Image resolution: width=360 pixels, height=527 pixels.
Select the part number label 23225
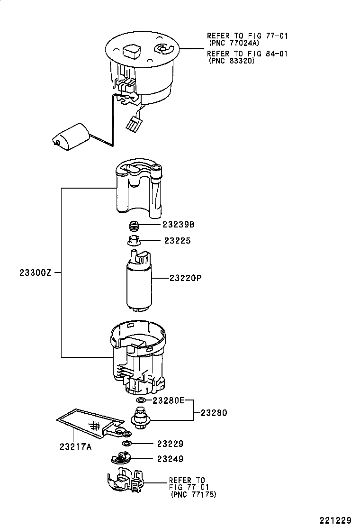(x=177, y=241)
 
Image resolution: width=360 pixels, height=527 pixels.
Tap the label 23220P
(x=186, y=278)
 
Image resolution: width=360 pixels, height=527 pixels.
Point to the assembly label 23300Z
(x=35, y=273)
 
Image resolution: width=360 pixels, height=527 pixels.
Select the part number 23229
(x=170, y=444)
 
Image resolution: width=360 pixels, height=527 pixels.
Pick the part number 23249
(x=170, y=459)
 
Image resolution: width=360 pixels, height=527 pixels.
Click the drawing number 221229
(x=335, y=520)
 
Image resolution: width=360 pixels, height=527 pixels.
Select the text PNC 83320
(x=231, y=61)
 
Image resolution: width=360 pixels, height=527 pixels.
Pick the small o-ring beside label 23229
(x=126, y=444)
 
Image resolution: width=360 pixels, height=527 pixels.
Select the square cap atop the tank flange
(x=131, y=50)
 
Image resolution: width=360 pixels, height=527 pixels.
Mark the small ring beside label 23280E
(x=141, y=401)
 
